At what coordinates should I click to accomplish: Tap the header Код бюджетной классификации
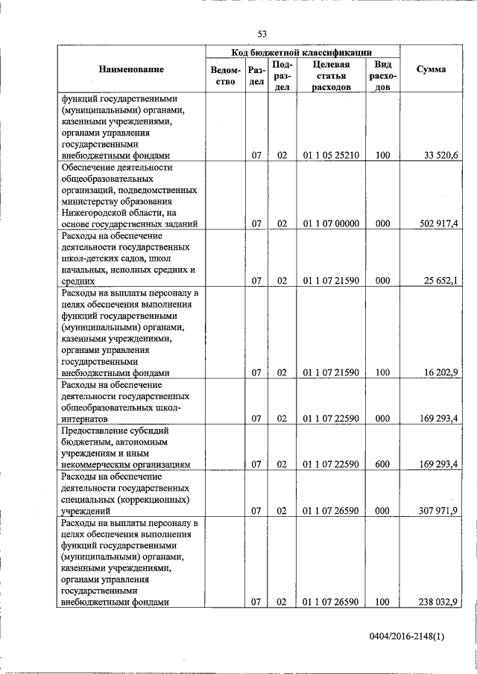302,52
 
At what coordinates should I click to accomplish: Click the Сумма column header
431,69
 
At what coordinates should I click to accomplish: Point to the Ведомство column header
225,75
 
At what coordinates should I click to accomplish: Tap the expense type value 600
382,464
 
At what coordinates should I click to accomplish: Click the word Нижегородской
94,212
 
